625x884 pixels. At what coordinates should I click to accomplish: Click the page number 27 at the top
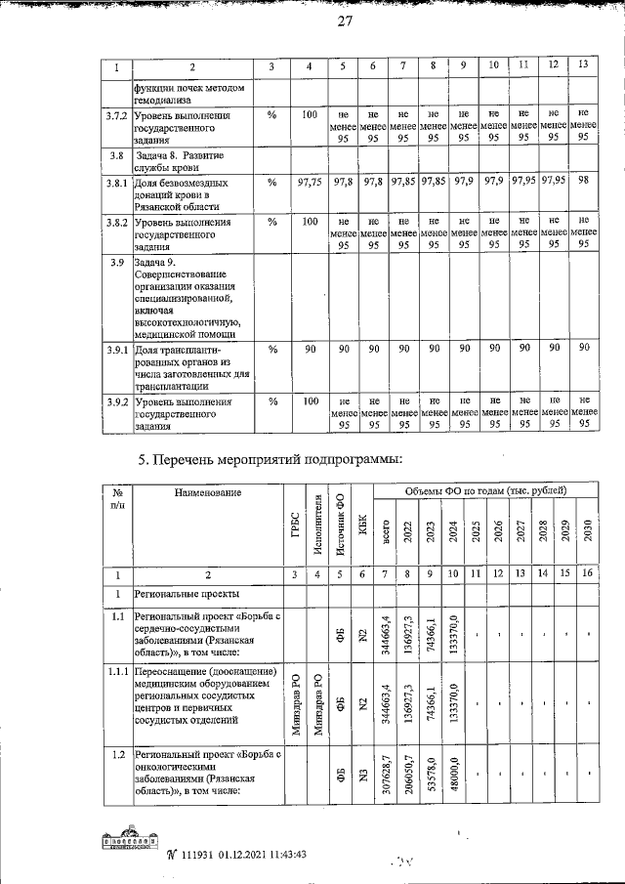(344, 24)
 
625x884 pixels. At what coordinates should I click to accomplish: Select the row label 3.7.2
(116, 116)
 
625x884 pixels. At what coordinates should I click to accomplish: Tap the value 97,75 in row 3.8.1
(309, 182)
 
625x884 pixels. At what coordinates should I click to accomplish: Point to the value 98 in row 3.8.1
(583, 181)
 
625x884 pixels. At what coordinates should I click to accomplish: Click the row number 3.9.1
(116, 349)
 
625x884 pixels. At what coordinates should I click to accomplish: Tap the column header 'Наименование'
(208, 492)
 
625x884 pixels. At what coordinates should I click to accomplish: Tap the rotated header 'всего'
(387, 535)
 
